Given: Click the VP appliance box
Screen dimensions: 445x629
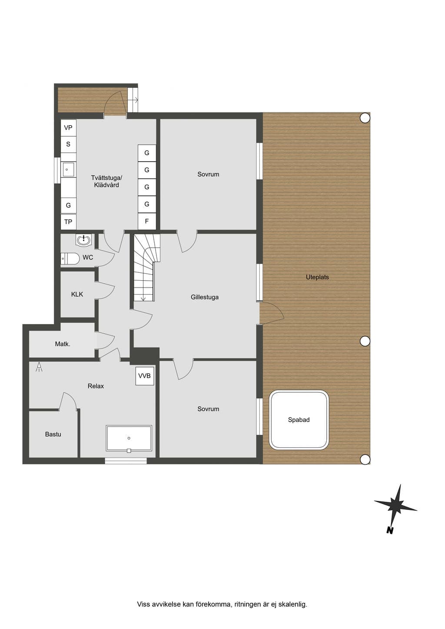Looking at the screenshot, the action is (x=68, y=128).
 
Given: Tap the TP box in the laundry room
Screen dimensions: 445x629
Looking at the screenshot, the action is (x=68, y=222).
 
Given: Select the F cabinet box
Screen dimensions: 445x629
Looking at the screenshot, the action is (x=146, y=221).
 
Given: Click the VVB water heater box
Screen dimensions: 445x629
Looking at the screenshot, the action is (x=145, y=376).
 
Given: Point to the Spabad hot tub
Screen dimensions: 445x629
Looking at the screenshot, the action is (x=299, y=420).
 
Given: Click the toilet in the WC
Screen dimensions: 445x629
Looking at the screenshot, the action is (x=70, y=258).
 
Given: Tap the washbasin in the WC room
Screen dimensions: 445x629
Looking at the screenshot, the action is (x=83, y=240).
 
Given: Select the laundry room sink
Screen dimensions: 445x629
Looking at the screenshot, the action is (x=68, y=169).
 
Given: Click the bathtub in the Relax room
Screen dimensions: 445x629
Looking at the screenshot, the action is (x=129, y=438).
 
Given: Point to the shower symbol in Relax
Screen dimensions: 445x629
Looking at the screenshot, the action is (x=39, y=367).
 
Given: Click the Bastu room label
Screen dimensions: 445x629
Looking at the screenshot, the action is (x=53, y=434).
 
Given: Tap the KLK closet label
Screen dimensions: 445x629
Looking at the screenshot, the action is (x=77, y=294).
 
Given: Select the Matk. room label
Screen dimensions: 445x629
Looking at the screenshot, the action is (x=63, y=344).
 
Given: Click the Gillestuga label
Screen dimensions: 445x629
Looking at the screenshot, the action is (x=205, y=297).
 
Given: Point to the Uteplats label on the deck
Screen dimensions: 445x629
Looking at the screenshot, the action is (x=317, y=277).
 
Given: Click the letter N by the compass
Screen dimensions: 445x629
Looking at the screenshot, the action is (x=390, y=530).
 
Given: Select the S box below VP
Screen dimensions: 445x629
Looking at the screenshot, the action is (x=68, y=144).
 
